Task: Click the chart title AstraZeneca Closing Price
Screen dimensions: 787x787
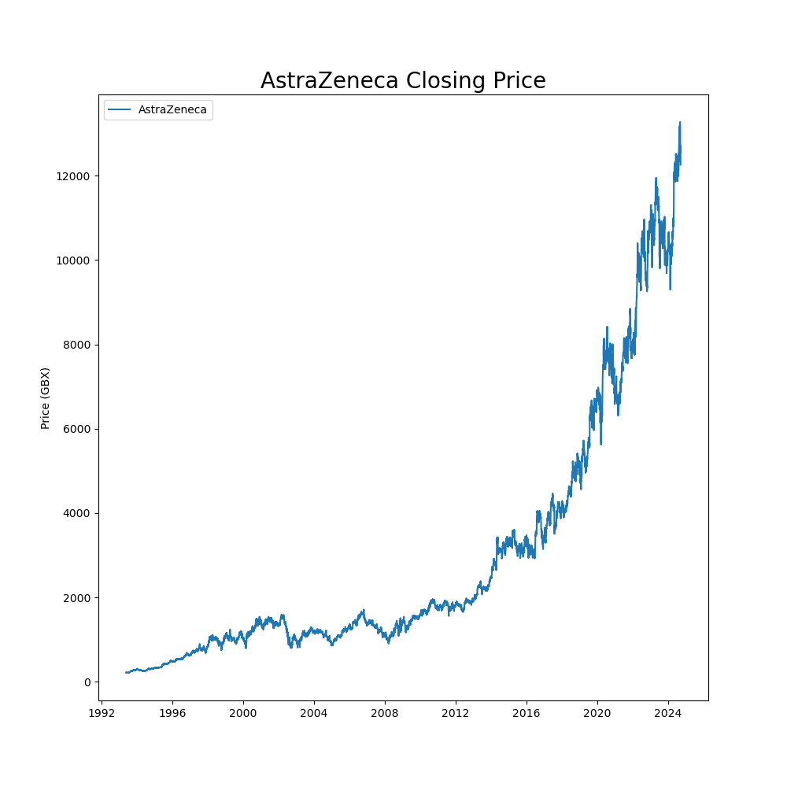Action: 403,81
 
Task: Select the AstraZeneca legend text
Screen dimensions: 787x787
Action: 172,110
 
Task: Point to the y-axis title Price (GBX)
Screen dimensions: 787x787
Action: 46,398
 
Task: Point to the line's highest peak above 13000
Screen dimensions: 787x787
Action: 680,123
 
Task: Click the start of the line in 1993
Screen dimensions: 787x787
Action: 126,672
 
